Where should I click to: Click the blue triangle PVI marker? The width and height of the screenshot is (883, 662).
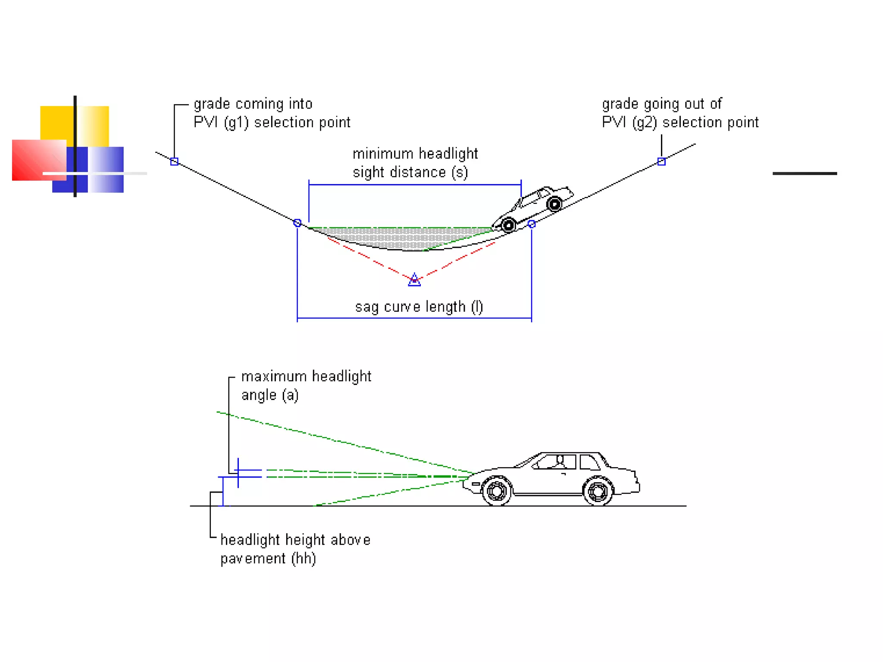414,280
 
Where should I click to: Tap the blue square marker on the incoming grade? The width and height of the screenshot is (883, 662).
174,162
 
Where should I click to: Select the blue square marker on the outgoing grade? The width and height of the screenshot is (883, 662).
661,162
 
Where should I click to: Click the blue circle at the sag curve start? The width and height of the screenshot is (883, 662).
297,223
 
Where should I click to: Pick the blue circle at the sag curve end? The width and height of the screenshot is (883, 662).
532,224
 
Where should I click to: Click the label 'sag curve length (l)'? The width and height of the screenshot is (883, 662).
419,307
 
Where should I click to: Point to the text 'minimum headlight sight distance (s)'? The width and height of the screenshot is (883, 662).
415,163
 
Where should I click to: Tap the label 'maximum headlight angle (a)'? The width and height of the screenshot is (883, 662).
306,386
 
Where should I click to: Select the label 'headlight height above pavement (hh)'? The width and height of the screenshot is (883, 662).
295,549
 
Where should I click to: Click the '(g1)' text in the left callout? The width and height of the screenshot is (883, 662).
236,123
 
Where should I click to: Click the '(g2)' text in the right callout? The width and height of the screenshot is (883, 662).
645,123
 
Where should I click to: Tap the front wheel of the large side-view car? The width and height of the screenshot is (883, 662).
497,490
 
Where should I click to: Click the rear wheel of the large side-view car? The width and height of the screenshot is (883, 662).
598,490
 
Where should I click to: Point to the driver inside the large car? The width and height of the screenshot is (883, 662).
560,461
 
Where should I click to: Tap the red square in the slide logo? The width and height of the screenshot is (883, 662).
34,159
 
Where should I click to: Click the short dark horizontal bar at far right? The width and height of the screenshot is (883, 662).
805,174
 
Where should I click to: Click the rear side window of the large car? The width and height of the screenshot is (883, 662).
589,462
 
